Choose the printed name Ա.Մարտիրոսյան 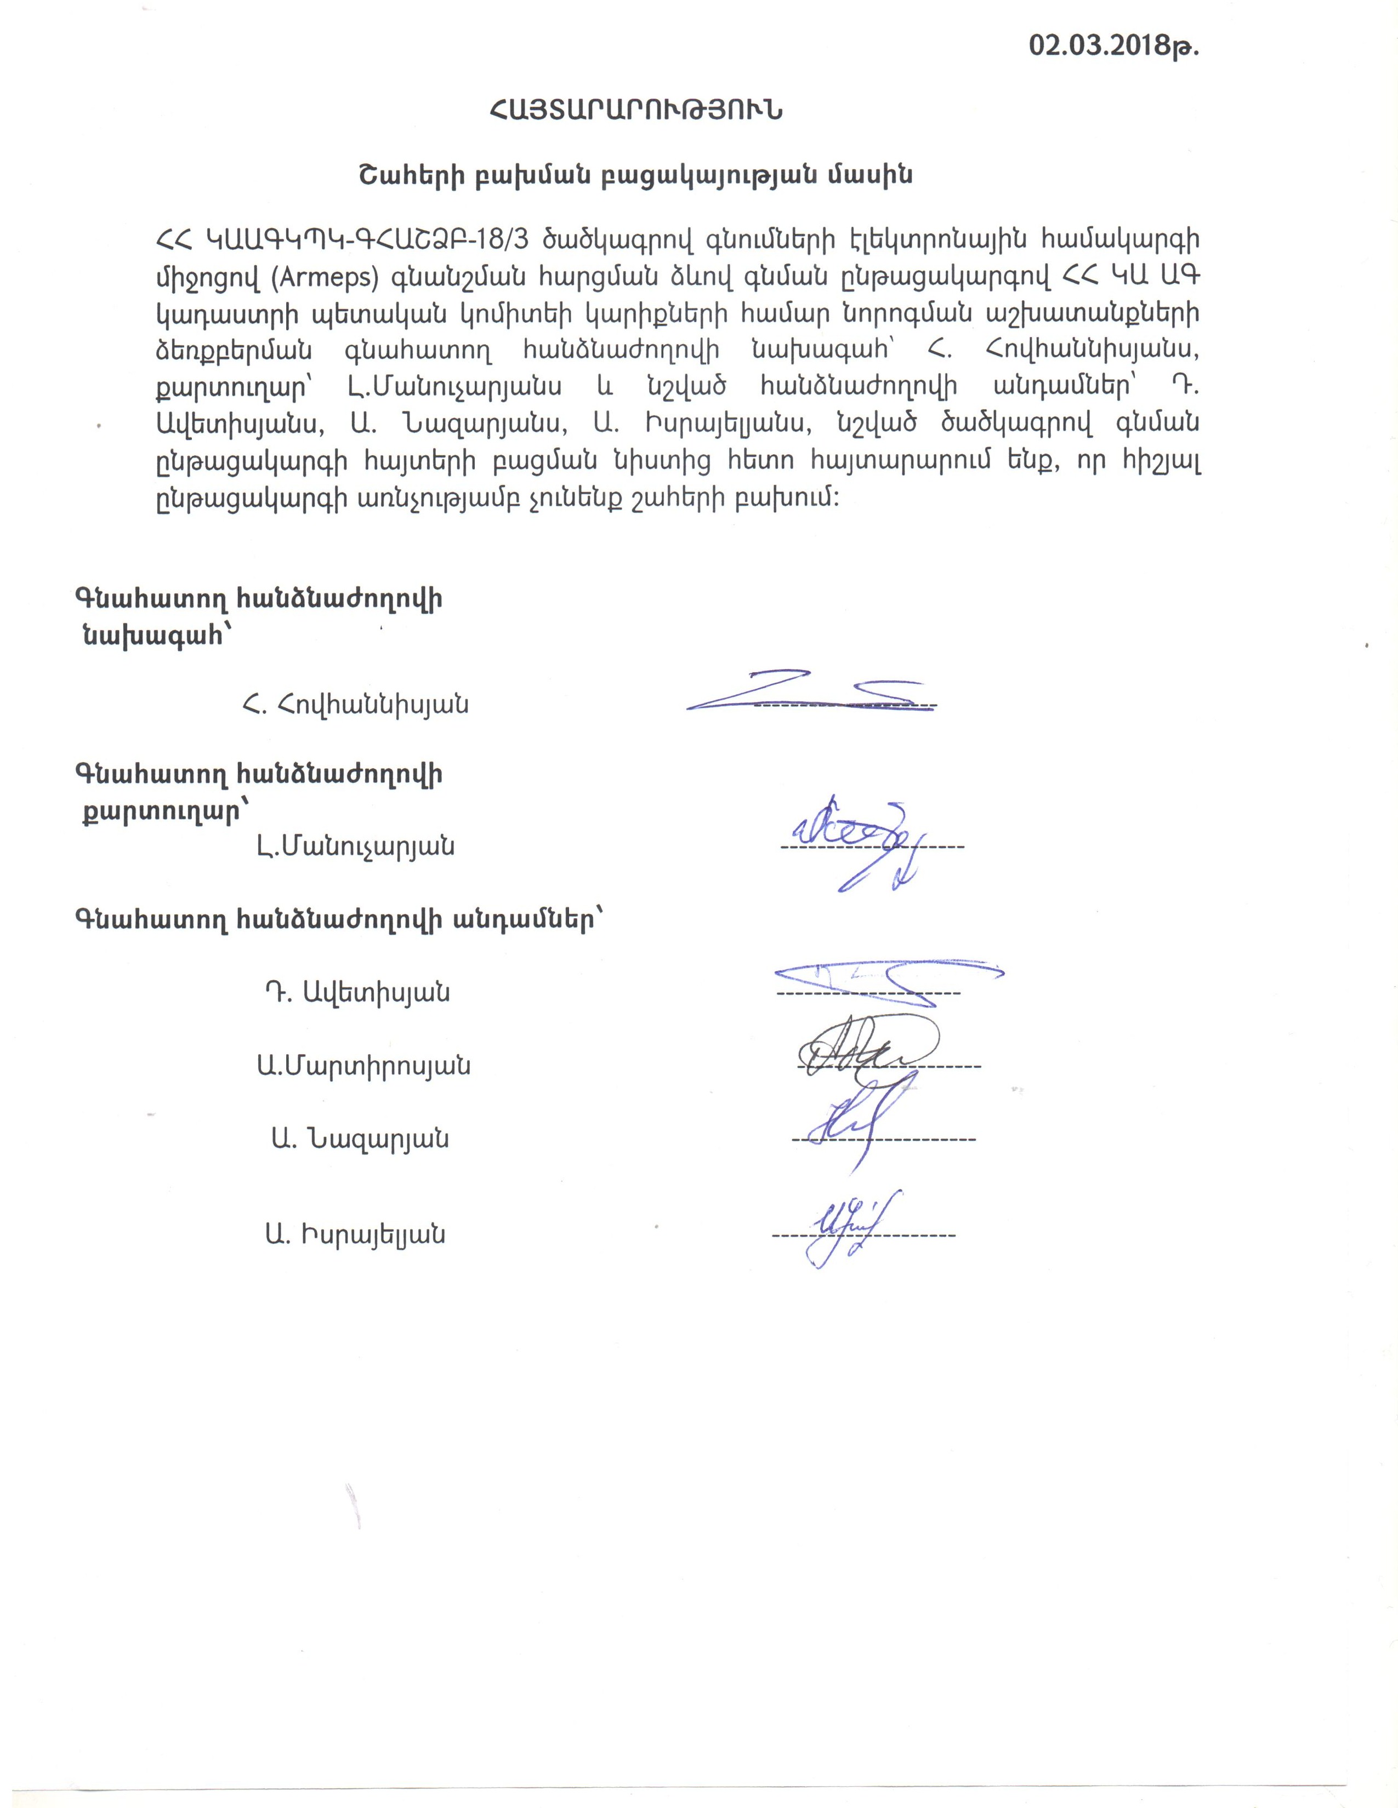pyautogui.click(x=363, y=1066)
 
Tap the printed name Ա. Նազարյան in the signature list pyautogui.click(x=359, y=1139)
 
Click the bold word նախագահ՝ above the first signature pyautogui.click(x=155, y=635)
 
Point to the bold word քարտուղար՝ pyautogui.click(x=163, y=812)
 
